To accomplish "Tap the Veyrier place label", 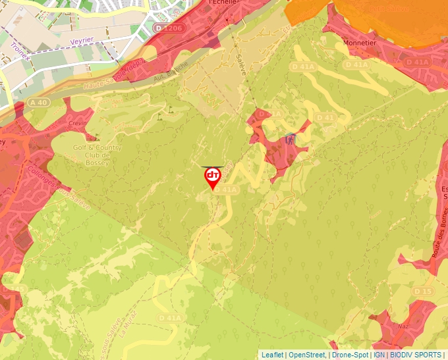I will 84,41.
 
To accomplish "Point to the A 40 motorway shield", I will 38,102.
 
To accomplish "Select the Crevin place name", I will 77,124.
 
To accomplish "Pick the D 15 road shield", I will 423,291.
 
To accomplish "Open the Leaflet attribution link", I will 272,355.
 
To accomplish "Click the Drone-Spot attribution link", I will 350,355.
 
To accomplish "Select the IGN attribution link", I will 379,355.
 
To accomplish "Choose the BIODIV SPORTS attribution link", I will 416,355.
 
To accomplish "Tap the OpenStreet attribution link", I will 307,355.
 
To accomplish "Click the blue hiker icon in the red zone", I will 291,139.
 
